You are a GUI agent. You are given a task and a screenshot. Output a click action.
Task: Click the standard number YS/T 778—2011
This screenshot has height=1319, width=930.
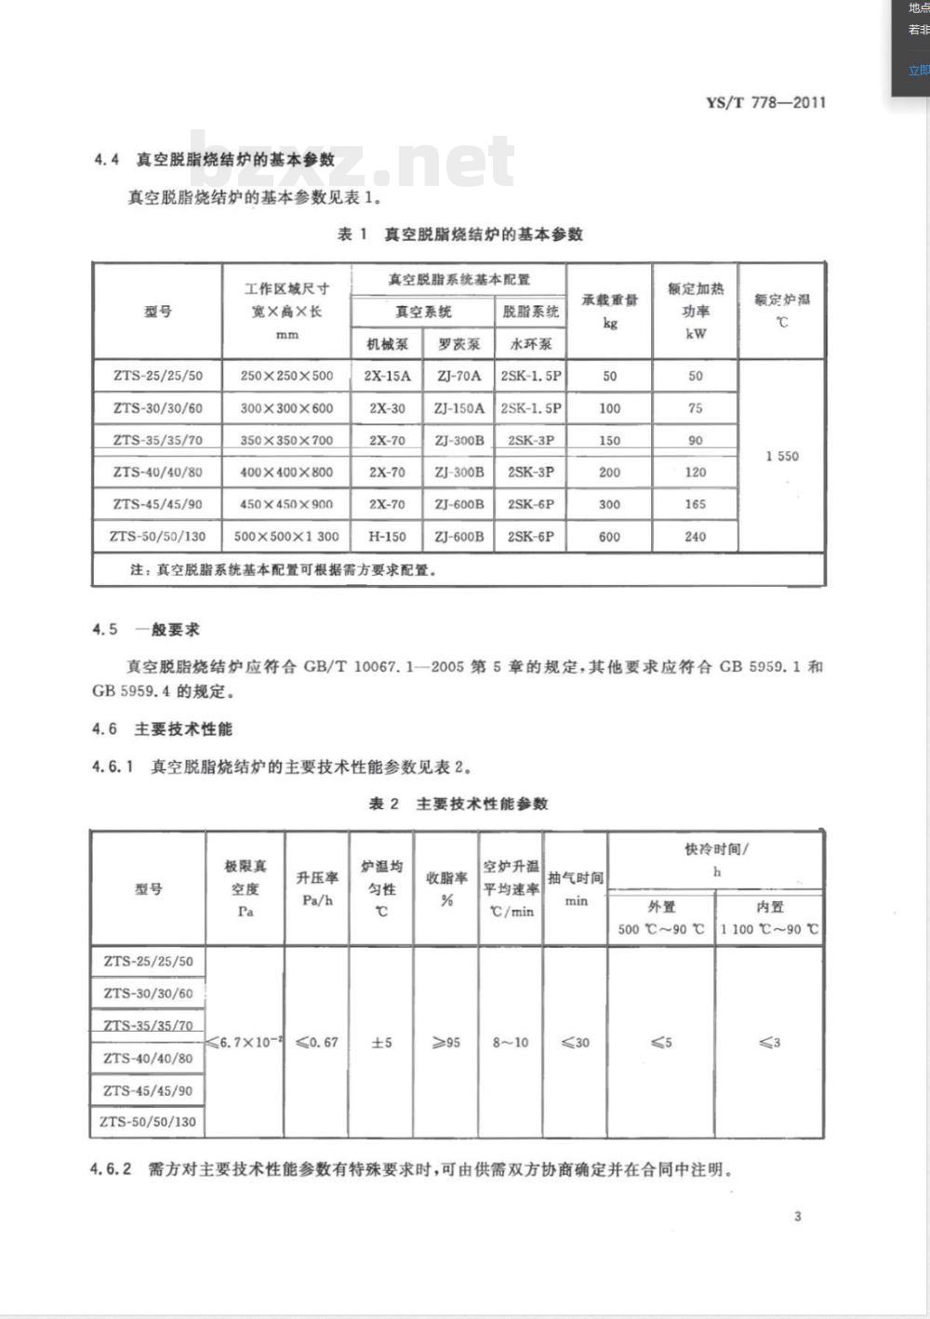(765, 102)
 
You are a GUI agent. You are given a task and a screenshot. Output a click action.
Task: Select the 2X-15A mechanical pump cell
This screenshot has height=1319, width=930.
(387, 376)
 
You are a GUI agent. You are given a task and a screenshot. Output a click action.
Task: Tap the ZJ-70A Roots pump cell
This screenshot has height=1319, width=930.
(458, 376)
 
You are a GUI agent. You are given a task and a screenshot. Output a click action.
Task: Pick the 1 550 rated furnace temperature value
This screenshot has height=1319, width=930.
(782, 456)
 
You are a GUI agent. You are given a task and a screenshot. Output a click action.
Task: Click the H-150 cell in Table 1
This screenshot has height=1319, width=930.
(387, 537)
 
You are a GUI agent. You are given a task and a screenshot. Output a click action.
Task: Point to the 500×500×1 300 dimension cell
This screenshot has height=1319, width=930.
(286, 537)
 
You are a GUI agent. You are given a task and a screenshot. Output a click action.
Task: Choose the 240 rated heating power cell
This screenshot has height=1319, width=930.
(696, 537)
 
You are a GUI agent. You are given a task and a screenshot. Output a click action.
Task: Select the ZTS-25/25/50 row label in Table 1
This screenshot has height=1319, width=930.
(158, 376)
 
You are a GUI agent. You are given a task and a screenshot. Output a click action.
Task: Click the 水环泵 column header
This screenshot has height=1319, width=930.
(531, 343)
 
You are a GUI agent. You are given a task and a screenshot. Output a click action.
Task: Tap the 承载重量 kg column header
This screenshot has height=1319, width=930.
(610, 312)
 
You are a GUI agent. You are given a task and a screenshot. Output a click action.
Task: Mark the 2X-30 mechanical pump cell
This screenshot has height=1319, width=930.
(387, 408)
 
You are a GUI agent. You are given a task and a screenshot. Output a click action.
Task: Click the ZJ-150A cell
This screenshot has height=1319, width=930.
(458, 408)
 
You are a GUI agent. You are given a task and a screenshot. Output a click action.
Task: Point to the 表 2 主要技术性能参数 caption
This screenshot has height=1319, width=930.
(458, 804)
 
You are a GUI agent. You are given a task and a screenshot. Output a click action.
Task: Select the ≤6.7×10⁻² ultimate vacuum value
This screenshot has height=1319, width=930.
(245, 1043)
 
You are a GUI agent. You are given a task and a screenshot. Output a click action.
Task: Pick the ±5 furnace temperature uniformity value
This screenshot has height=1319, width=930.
(381, 1043)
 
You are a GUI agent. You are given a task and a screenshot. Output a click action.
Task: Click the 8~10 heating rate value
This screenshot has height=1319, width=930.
(511, 1043)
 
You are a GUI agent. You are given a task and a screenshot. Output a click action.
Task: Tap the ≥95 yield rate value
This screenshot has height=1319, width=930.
(446, 1043)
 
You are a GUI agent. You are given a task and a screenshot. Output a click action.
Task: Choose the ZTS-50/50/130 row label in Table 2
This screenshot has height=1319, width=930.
(149, 1122)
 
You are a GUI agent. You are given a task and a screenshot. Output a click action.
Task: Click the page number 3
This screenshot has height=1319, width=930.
(797, 1216)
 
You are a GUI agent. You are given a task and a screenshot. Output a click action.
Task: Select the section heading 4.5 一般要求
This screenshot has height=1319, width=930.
(146, 630)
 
